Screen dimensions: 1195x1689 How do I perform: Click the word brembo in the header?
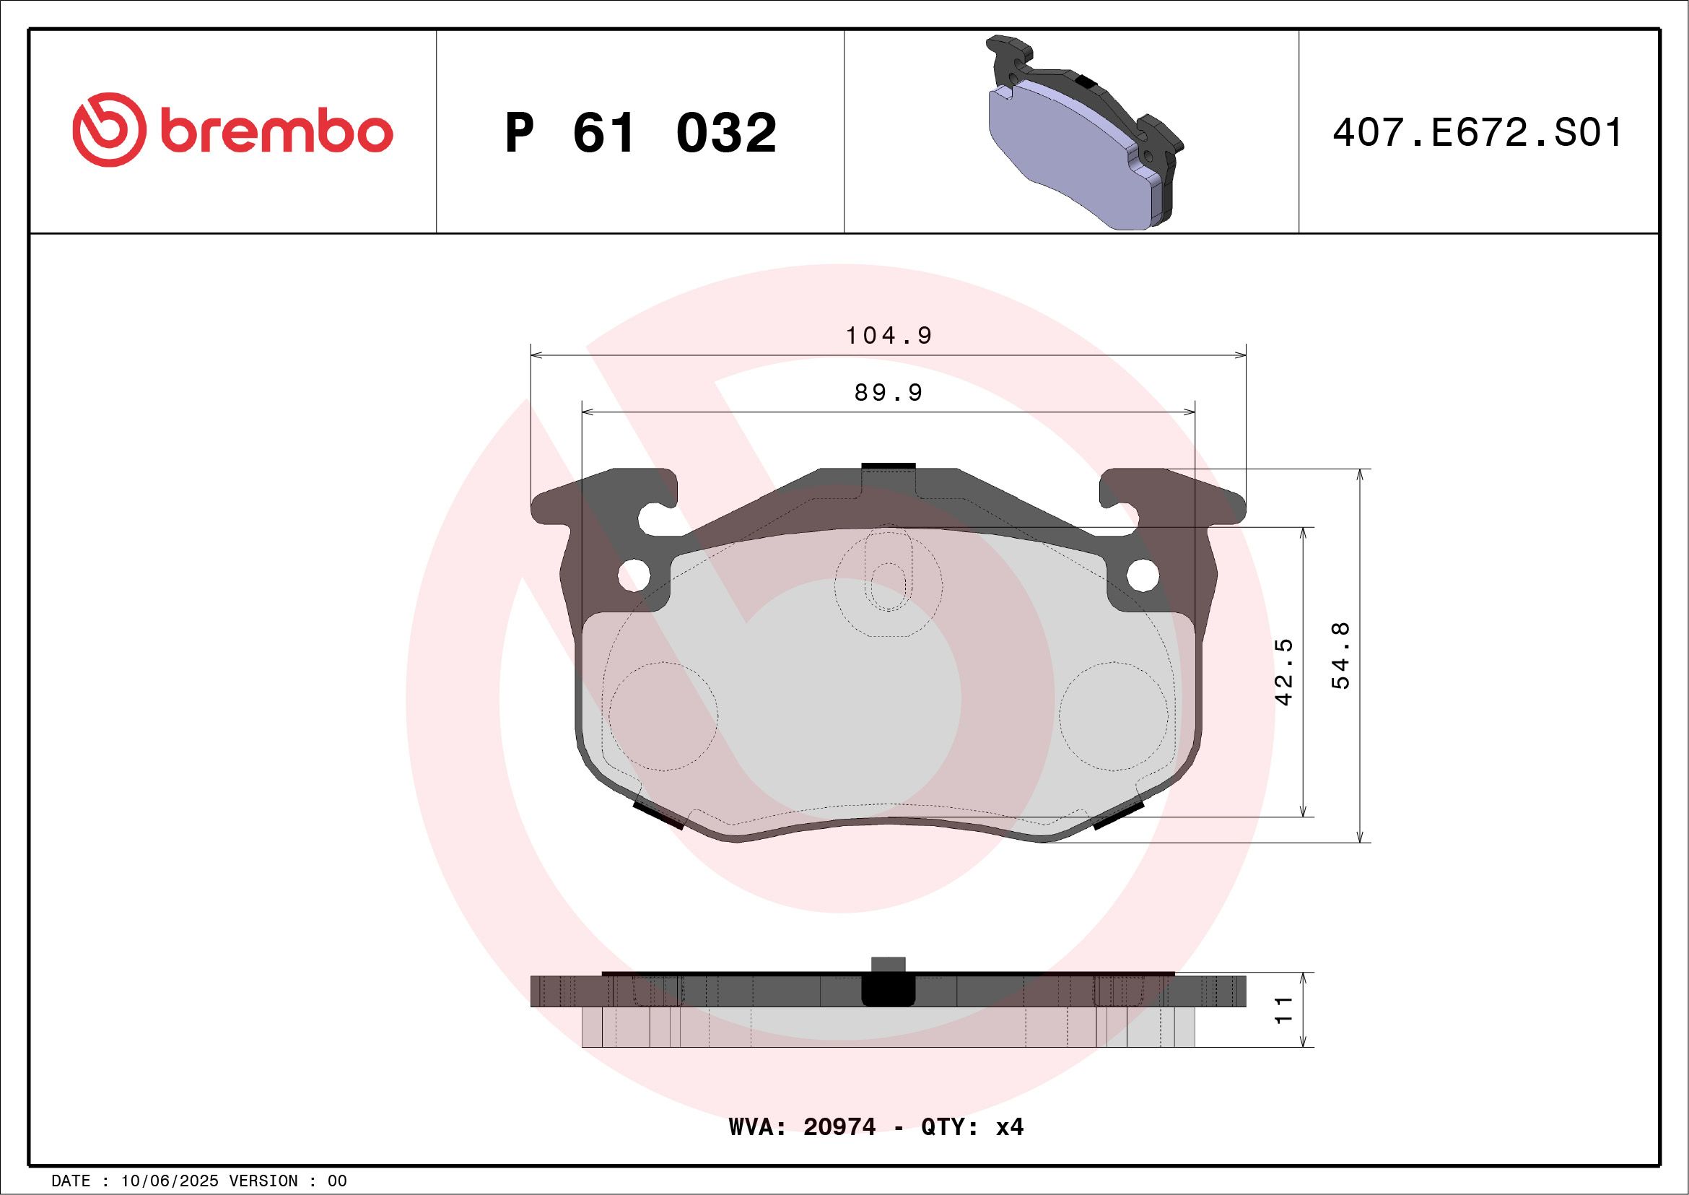(x=276, y=132)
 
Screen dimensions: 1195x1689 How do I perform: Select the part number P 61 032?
(x=640, y=133)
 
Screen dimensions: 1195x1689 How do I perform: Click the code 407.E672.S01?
(x=1477, y=133)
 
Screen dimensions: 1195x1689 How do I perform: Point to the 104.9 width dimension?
(x=889, y=336)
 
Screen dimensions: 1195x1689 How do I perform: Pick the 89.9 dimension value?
(x=889, y=393)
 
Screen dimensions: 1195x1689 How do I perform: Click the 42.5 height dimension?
(x=1283, y=672)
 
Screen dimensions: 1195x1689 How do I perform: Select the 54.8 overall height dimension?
(x=1341, y=656)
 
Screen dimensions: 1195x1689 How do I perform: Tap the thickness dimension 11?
(x=1283, y=1009)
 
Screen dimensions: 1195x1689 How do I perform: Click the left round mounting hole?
(x=634, y=575)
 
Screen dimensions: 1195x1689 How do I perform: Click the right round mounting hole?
(x=1143, y=575)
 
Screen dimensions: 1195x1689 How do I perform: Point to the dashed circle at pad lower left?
(x=663, y=716)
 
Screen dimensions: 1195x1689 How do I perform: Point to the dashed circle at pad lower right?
(x=1113, y=716)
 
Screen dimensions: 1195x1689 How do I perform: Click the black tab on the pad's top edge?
(x=888, y=466)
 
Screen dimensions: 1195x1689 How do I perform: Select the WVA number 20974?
(x=839, y=1127)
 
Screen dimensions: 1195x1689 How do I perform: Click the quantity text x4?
(x=1009, y=1127)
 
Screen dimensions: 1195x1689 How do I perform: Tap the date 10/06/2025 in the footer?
(x=169, y=1181)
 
